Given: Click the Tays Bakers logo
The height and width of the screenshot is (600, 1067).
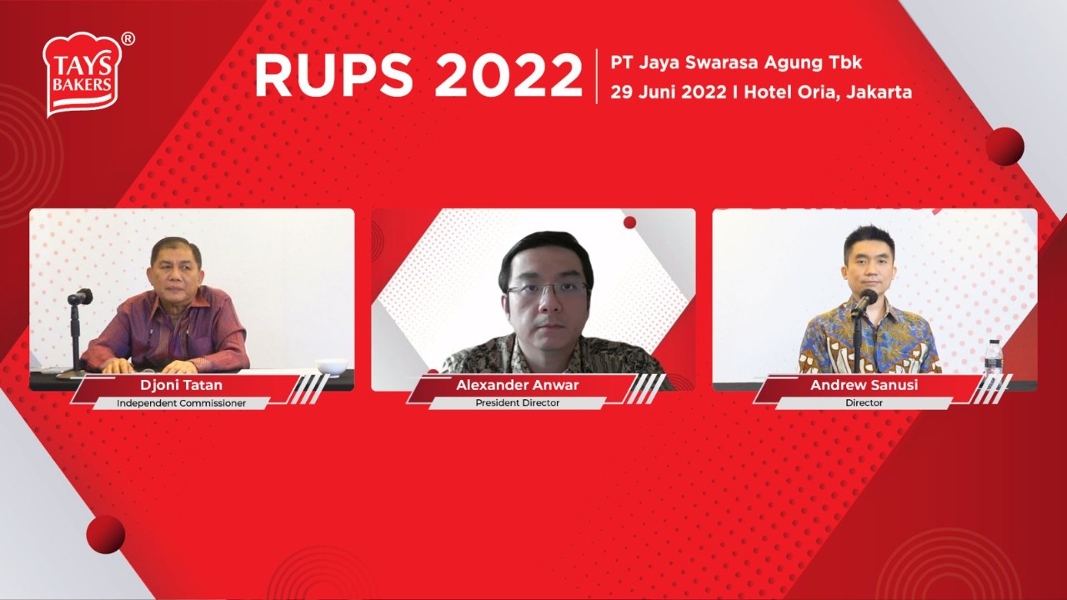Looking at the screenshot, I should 83,73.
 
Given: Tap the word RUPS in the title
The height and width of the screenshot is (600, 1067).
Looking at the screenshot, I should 334,76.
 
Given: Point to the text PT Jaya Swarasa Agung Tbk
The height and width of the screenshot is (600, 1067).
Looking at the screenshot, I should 736,62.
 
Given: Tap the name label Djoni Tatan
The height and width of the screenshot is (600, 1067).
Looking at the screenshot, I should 181,386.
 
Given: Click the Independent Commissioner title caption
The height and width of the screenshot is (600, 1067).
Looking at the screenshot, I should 181,403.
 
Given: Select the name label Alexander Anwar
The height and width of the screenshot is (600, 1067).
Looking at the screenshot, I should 518,386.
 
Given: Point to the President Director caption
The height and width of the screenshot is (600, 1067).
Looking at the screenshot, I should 518,403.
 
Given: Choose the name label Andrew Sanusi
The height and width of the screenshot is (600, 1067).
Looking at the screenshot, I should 864,386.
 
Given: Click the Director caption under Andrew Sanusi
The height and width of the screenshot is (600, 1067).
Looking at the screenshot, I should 864,403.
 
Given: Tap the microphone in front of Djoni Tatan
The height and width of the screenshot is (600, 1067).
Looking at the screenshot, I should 80,297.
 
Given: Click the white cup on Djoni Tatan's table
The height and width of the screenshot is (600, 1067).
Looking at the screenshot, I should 332,366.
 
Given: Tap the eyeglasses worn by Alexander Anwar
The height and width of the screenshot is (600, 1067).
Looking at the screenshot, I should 547,290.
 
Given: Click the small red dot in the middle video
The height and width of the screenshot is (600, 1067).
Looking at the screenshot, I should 630,222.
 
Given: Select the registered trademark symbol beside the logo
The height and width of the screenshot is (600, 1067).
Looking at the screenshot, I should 128,38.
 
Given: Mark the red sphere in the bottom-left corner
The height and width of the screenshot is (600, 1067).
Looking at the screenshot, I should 105,534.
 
